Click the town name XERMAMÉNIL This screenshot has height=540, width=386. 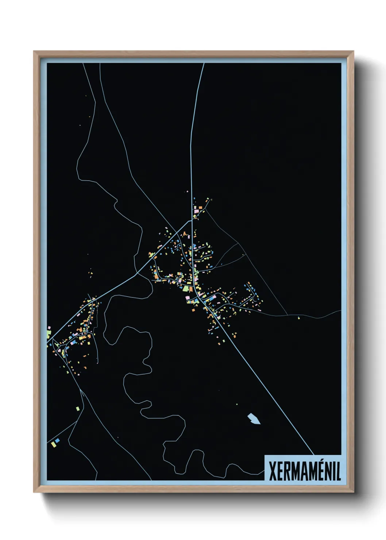(304, 471)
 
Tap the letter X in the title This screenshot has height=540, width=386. (273, 471)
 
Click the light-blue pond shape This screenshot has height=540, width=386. (254, 419)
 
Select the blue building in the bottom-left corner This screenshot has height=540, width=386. (57, 441)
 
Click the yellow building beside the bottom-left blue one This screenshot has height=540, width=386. (53, 444)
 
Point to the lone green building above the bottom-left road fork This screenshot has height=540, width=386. (77, 408)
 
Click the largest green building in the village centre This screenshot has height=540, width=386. (186, 289)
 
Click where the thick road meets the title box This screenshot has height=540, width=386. (313, 455)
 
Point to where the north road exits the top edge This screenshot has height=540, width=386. (204, 64)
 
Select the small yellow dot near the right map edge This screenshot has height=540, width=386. (299, 318)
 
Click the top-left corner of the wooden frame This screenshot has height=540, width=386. (34, 52)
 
